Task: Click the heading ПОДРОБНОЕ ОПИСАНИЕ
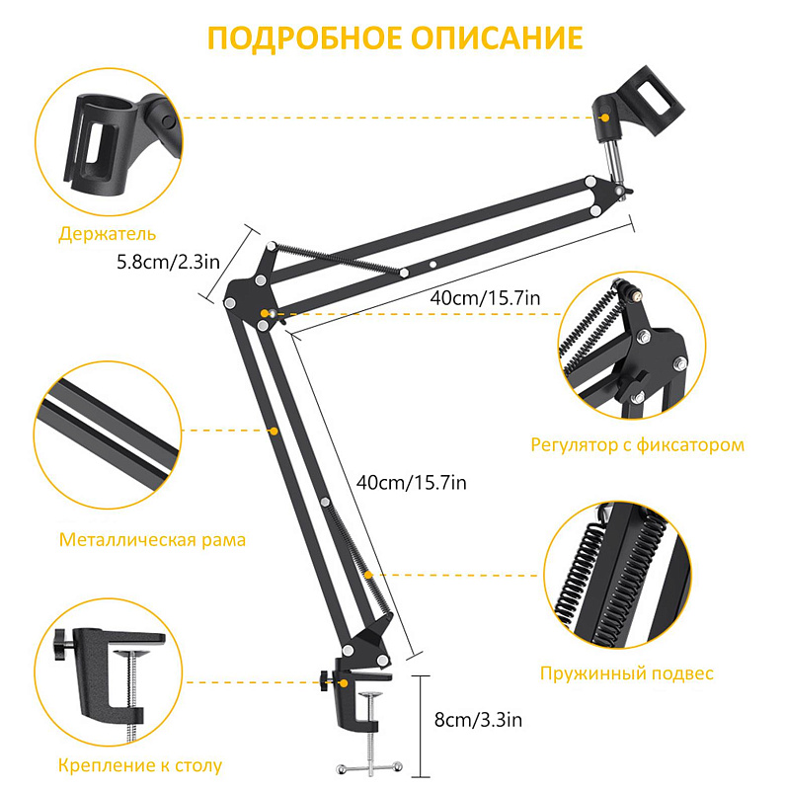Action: point(394,39)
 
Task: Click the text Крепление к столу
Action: point(139,765)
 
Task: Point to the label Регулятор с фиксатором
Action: point(637,444)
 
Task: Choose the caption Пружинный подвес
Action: point(626,673)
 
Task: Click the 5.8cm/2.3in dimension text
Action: point(167,263)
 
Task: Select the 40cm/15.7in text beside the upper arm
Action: point(485,296)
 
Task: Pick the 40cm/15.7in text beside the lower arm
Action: point(411,483)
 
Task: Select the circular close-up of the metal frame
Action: point(110,432)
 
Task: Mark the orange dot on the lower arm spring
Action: point(368,574)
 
